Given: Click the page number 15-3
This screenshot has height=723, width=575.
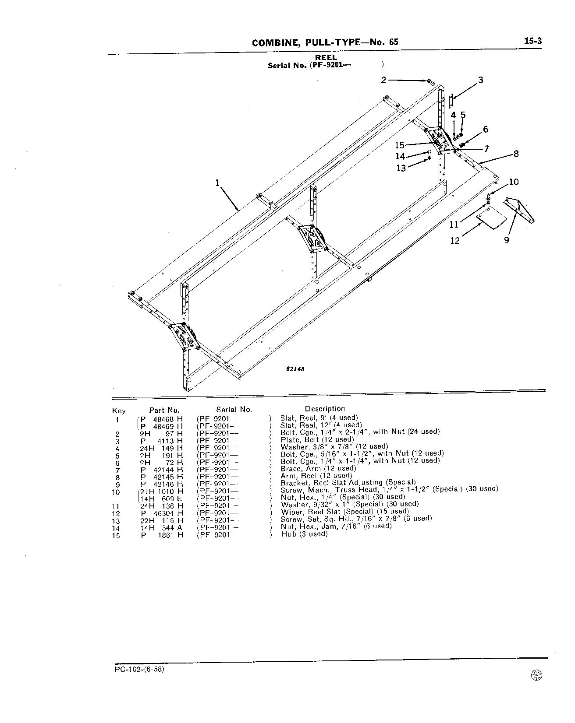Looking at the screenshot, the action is (x=532, y=41).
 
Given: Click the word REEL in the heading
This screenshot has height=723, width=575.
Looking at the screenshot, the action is (x=326, y=57).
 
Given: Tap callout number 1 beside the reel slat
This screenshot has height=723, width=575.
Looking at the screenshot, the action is (x=217, y=183).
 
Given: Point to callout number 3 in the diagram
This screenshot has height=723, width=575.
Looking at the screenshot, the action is (x=481, y=80).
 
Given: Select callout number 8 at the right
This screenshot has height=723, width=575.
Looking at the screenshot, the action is (x=516, y=154).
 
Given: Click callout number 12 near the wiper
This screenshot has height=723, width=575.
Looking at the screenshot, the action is (x=455, y=240).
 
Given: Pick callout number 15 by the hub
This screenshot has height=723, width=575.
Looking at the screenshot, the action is (x=399, y=145).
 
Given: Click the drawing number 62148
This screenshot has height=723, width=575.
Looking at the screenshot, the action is (x=295, y=369).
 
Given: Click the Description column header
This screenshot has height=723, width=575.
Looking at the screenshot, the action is (x=325, y=409).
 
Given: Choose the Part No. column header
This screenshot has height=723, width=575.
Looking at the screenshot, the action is (x=164, y=410).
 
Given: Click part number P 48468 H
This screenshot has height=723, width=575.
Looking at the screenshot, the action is (x=161, y=418).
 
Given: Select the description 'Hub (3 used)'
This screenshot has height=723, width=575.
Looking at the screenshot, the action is (x=304, y=534).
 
